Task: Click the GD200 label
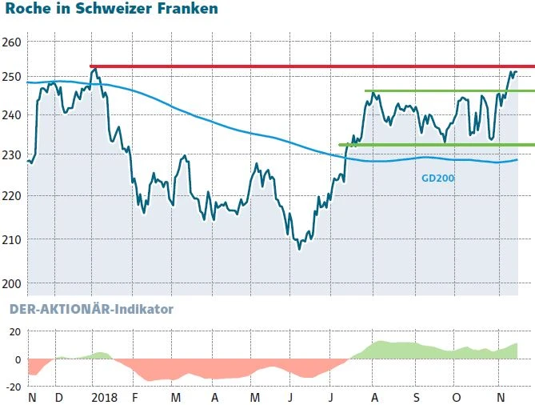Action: point(437,178)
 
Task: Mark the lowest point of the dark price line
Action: point(300,249)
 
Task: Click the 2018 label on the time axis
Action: point(104,397)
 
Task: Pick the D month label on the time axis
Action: point(58,397)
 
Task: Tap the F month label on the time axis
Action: point(135,397)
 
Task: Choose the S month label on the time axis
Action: point(416,397)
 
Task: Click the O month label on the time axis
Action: point(456,397)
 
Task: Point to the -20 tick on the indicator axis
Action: point(14,386)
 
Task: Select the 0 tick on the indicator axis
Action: point(17,359)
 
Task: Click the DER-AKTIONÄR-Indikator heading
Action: point(90,308)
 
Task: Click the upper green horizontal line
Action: point(448,91)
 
